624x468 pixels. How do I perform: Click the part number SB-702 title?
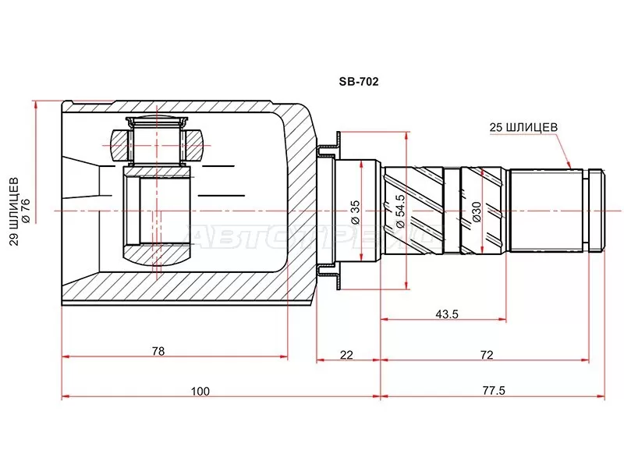pos(359,82)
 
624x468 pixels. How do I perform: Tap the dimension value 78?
pos(158,351)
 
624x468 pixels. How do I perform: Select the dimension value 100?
pos(200,392)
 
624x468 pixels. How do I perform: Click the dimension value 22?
pos(346,355)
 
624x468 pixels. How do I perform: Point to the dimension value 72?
pos(487,355)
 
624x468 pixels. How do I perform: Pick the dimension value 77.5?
pos(494,391)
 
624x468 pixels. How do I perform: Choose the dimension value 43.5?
pos(447,314)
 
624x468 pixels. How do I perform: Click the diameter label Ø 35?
pos(355,212)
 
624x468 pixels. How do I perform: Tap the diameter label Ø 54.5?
pos(399,211)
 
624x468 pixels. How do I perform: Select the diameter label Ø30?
pos(477,211)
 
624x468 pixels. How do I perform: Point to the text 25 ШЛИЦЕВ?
pos(523,127)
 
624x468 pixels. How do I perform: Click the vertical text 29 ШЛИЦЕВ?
pos(14,211)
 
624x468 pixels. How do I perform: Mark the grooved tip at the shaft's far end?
pos(597,211)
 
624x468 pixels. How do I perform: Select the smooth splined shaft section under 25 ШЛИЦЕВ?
pos(546,211)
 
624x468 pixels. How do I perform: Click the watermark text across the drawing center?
pos(314,236)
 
